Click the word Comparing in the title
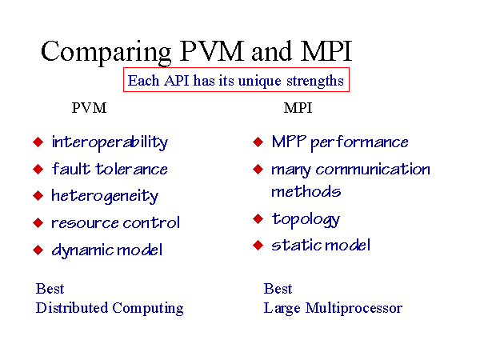pos(106,52)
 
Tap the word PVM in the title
pos(212,50)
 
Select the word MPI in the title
pos(326,50)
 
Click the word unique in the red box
pos(259,82)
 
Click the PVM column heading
pos(89,108)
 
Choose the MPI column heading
pos(298,108)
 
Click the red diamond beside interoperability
pos(38,142)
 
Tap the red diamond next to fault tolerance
pos(38,169)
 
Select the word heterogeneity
pos(105,196)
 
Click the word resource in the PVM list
pos(85,224)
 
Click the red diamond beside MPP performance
pos(258,142)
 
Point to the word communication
pos(373,170)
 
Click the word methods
pos(306,192)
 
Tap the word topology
pos(306,220)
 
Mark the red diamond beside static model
pos(258,246)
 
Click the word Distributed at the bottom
pos(72,308)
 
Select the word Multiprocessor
pos(354,309)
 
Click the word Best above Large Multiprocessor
pos(278,289)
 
